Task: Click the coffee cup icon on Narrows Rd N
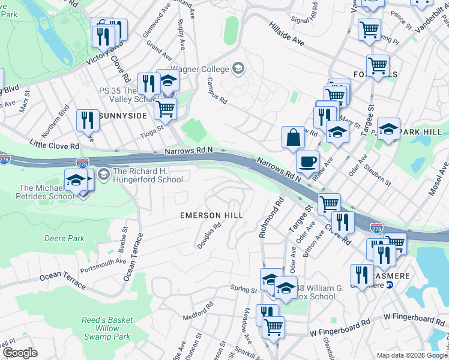coord(307,162)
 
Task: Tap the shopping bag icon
coord(292,137)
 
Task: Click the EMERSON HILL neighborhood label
coord(212,215)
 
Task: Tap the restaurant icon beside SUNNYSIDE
coord(88,120)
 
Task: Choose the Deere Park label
coord(64,238)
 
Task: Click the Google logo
coord(20,353)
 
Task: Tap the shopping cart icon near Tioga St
coord(164,109)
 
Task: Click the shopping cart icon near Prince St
coord(369,29)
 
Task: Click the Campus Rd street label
coord(217,92)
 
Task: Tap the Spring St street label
coord(244,289)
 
